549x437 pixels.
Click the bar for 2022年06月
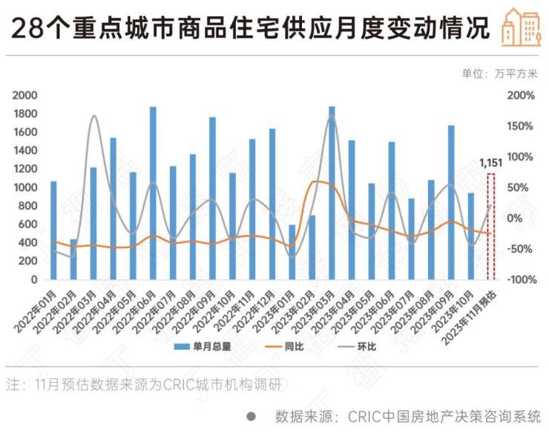coord(153,193)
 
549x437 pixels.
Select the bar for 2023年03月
coord(332,193)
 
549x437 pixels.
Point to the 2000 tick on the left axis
coord(26,96)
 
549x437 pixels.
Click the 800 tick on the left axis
coord(29,206)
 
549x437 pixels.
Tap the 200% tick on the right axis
coord(521,96)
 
